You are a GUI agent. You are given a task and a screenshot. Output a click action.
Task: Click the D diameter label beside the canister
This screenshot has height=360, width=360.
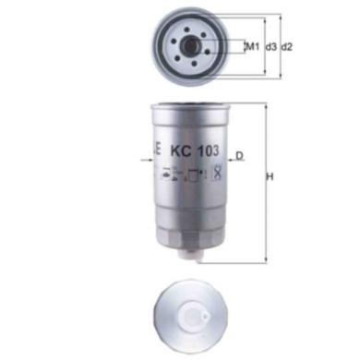click(x=239, y=156)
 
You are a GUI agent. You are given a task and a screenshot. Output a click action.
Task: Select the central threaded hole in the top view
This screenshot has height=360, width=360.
click(x=193, y=45)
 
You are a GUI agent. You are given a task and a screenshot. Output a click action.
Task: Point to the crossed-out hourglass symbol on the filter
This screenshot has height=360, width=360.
click(x=215, y=172)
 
